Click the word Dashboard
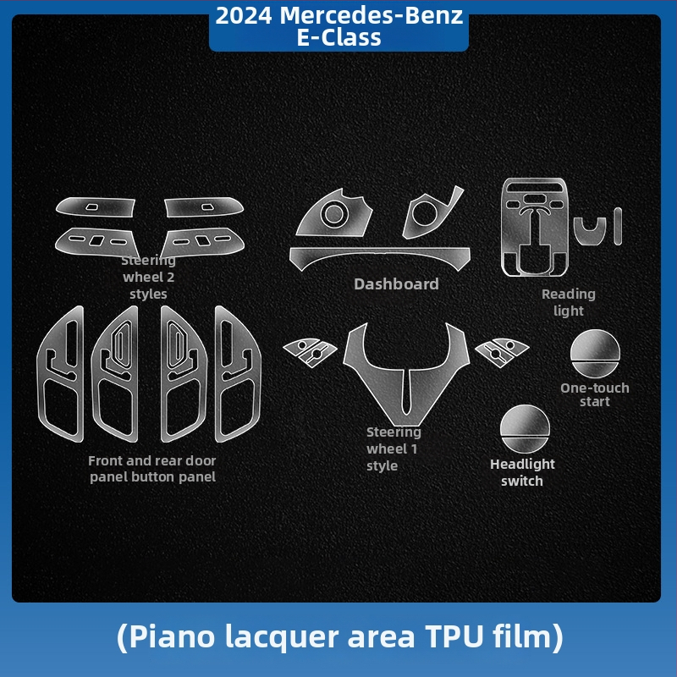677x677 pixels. tap(396, 284)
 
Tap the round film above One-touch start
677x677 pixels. tap(595, 354)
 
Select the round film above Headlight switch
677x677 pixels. tap(525, 429)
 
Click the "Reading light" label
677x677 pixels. tap(568, 302)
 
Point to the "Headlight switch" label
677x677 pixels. tap(522, 472)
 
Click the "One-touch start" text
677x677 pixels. tap(595, 394)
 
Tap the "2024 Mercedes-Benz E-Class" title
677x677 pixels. tap(339, 26)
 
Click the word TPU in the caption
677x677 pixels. tap(454, 636)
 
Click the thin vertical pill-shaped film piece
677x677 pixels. tap(618, 226)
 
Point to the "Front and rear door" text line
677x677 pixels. tap(152, 460)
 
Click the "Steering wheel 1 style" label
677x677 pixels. tap(394, 449)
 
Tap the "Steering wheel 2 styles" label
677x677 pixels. tap(149, 278)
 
